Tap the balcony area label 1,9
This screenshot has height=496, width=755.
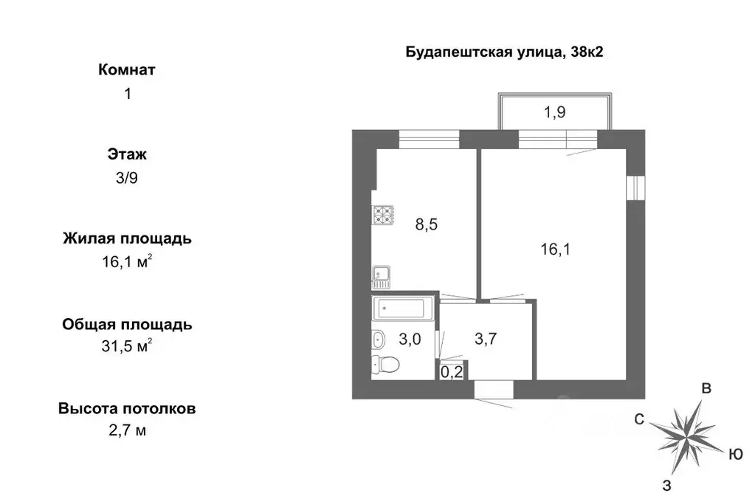click(x=555, y=112)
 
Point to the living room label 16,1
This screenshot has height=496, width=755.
click(x=556, y=249)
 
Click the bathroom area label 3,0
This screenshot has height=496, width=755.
click(x=410, y=340)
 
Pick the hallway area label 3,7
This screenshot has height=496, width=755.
click(x=486, y=340)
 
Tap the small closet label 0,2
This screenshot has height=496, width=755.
click(x=452, y=372)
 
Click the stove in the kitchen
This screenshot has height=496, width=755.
click(x=384, y=215)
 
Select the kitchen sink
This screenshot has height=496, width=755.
click(x=381, y=278)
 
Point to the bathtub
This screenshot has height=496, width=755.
click(x=401, y=309)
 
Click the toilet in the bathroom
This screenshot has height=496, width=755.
click(x=385, y=363)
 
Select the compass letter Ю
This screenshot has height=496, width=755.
click(x=735, y=455)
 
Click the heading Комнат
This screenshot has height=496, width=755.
click(x=127, y=70)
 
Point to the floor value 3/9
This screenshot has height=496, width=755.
click(x=127, y=178)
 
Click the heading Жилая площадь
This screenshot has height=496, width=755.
click(x=127, y=239)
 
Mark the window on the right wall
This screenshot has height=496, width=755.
click(x=632, y=187)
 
